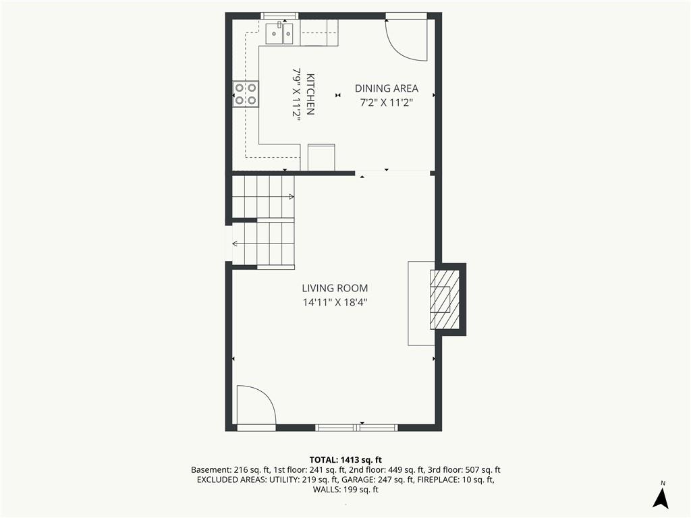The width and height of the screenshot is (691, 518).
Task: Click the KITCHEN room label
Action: pos(310,94)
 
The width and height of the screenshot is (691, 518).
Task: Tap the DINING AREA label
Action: pos(387,88)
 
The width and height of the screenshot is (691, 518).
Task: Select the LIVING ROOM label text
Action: pos(335,289)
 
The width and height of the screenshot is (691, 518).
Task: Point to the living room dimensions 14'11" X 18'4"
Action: pos(335,303)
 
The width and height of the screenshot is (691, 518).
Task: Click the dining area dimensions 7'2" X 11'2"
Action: pos(387,103)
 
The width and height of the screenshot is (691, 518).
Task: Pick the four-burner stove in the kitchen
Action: pos(246,94)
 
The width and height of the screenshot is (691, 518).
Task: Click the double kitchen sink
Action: pos(280,32)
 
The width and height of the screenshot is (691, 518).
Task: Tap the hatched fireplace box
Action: pos(445,299)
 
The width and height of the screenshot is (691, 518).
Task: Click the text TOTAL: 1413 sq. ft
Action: pos(345,460)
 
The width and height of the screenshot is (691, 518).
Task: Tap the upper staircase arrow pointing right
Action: pos(263,196)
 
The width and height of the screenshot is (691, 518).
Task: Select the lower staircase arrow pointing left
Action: pos(263,243)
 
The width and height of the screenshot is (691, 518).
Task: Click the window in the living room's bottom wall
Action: pos(357,427)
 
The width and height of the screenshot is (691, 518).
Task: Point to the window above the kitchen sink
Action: pos(280,16)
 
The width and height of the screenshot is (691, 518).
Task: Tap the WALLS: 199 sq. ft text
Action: pos(345,490)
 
